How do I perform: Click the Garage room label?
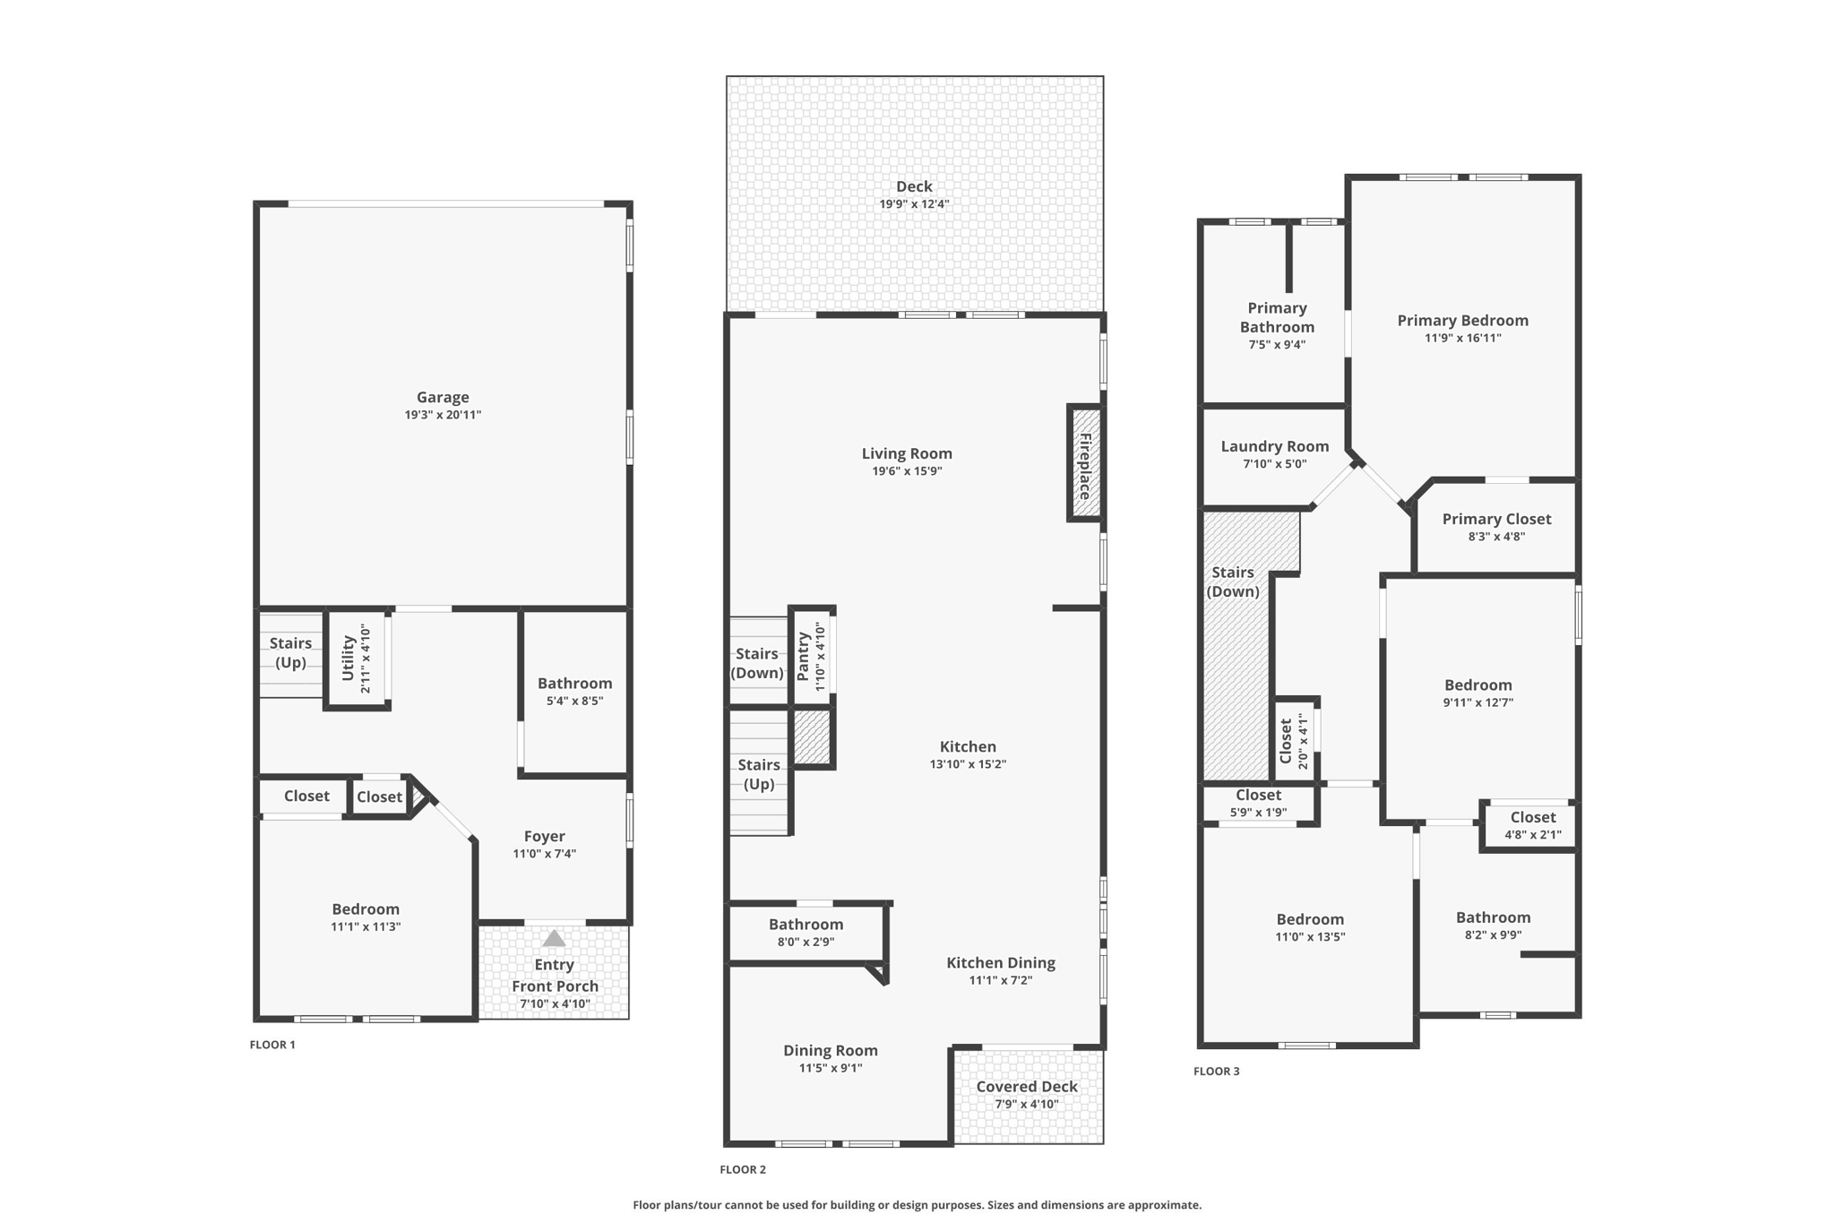[x=443, y=397]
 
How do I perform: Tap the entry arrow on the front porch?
[x=554, y=938]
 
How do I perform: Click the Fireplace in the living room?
[x=1085, y=464]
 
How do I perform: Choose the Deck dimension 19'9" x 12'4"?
[x=914, y=204]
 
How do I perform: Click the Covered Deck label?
[x=1027, y=1086]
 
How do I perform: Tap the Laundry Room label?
[x=1274, y=446]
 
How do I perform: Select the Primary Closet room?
[x=1496, y=527]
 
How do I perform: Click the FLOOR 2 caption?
[x=743, y=1169]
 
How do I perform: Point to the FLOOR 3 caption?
[x=1216, y=1071]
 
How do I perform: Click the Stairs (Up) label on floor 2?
[x=759, y=774]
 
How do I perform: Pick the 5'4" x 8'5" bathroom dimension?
[x=574, y=702]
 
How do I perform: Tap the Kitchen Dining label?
[x=1001, y=963]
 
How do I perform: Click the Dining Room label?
[x=830, y=1050]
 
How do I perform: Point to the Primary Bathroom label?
[x=1277, y=317]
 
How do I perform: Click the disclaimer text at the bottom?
[x=917, y=1205]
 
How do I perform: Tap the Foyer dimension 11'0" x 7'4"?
[x=544, y=854]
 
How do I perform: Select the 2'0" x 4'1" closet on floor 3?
[x=1294, y=742]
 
